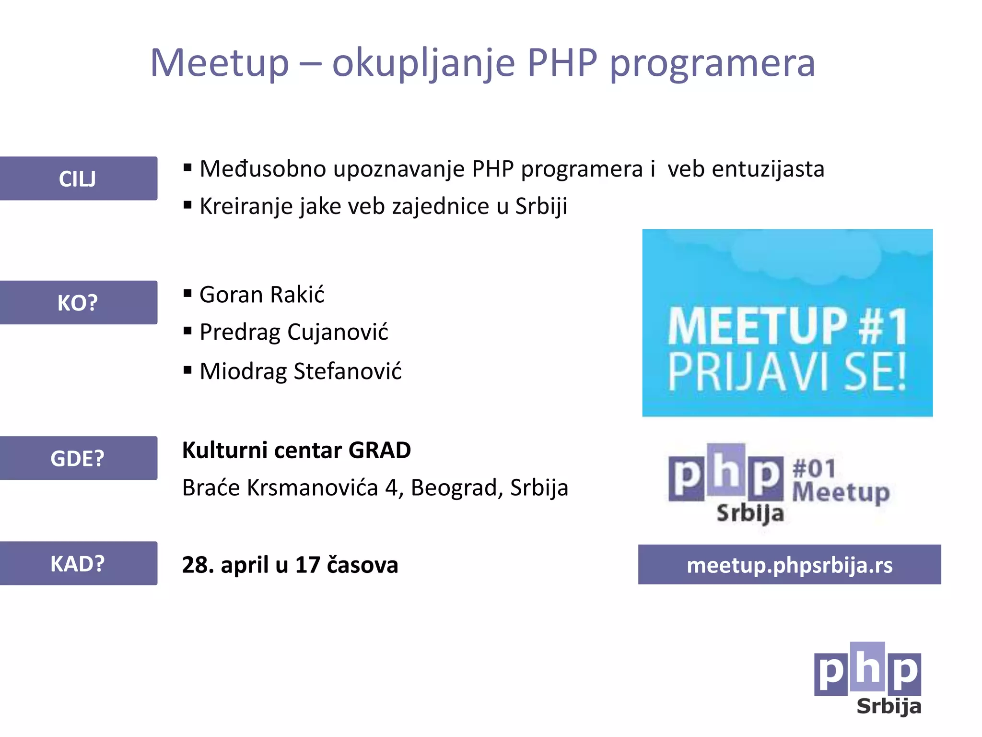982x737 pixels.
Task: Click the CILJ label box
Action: pos(78,178)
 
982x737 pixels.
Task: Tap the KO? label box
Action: pos(78,303)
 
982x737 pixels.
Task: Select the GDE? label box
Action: pos(78,458)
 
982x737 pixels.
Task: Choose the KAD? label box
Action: pos(78,563)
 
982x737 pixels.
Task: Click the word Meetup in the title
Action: pos(220,63)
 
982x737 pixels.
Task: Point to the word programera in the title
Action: pos(712,63)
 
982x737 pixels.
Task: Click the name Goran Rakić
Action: pos(262,295)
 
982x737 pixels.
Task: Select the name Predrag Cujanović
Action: pos(293,332)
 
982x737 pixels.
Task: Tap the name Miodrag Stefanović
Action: pos(300,371)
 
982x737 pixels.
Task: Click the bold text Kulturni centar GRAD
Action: pos(296,451)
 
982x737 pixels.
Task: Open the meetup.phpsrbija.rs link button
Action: pos(789,565)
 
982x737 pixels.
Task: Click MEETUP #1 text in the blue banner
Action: pos(787,327)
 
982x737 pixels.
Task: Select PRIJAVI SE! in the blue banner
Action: pos(787,372)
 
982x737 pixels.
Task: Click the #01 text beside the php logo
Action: pos(814,469)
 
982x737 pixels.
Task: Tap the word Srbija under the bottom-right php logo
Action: pos(888,707)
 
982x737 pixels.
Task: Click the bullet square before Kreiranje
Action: pos(187,205)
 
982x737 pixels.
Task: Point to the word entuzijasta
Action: pos(768,169)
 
